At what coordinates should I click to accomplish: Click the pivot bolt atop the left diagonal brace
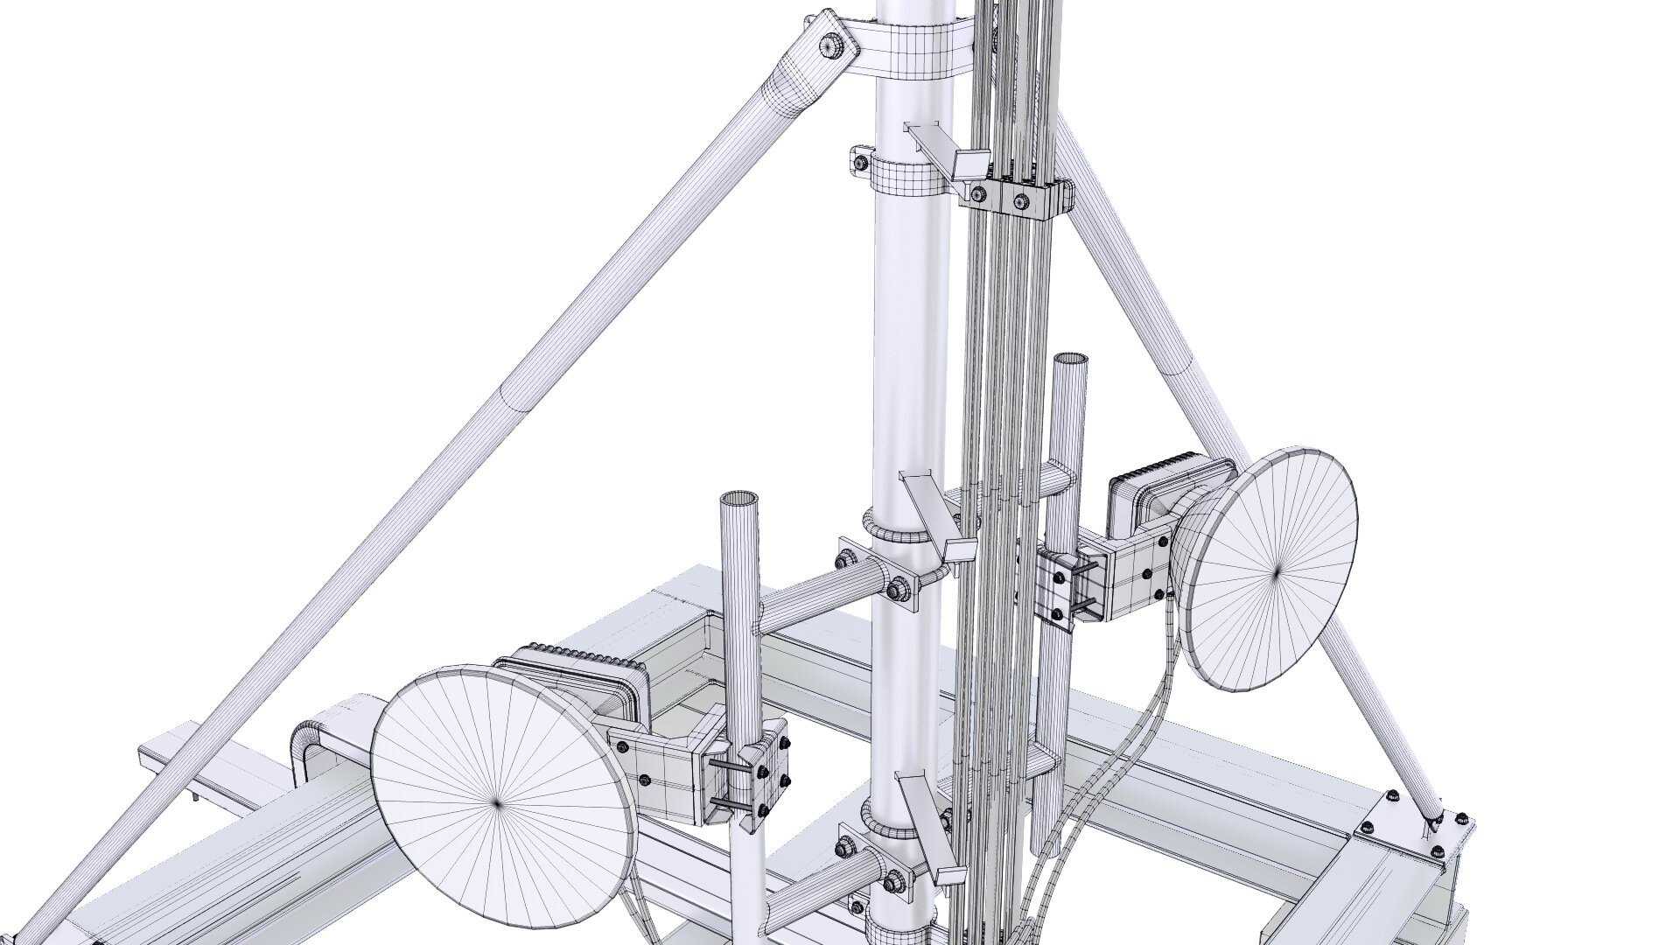(x=829, y=46)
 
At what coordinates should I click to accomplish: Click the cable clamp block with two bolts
(x=1019, y=200)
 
